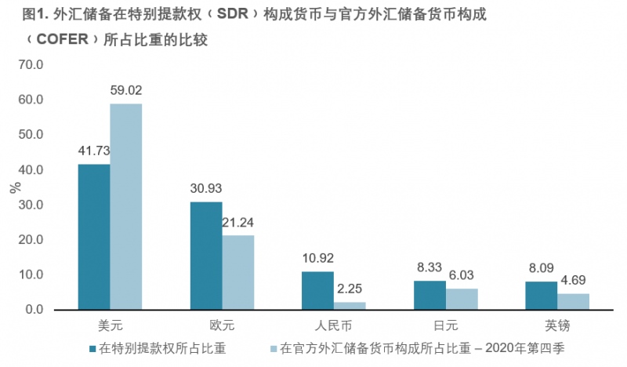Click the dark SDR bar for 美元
tap(94, 237)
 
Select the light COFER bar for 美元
tap(126, 207)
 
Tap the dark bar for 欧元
tap(206, 256)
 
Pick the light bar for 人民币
tap(350, 306)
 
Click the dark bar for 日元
tap(429, 295)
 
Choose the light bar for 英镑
tap(573, 301)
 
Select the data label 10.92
tap(318, 257)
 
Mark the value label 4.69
tap(573, 280)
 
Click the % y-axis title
tap(14, 187)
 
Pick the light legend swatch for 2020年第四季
tap(274, 346)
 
